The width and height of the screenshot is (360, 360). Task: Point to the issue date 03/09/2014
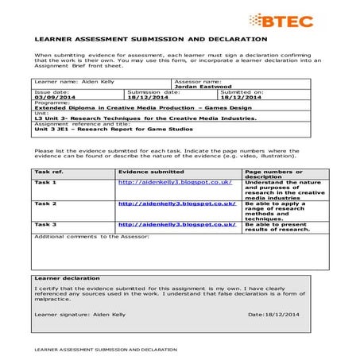pos(52,98)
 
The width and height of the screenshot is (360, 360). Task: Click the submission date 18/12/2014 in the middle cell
pos(152,98)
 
